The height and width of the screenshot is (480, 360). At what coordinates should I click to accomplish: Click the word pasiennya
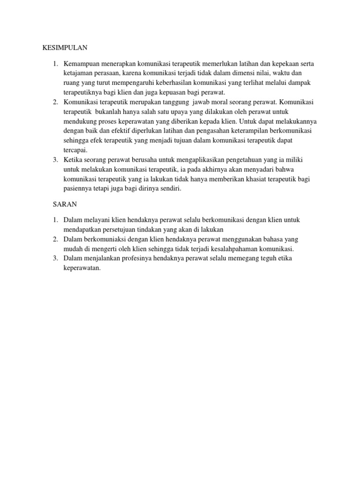pos(78,189)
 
